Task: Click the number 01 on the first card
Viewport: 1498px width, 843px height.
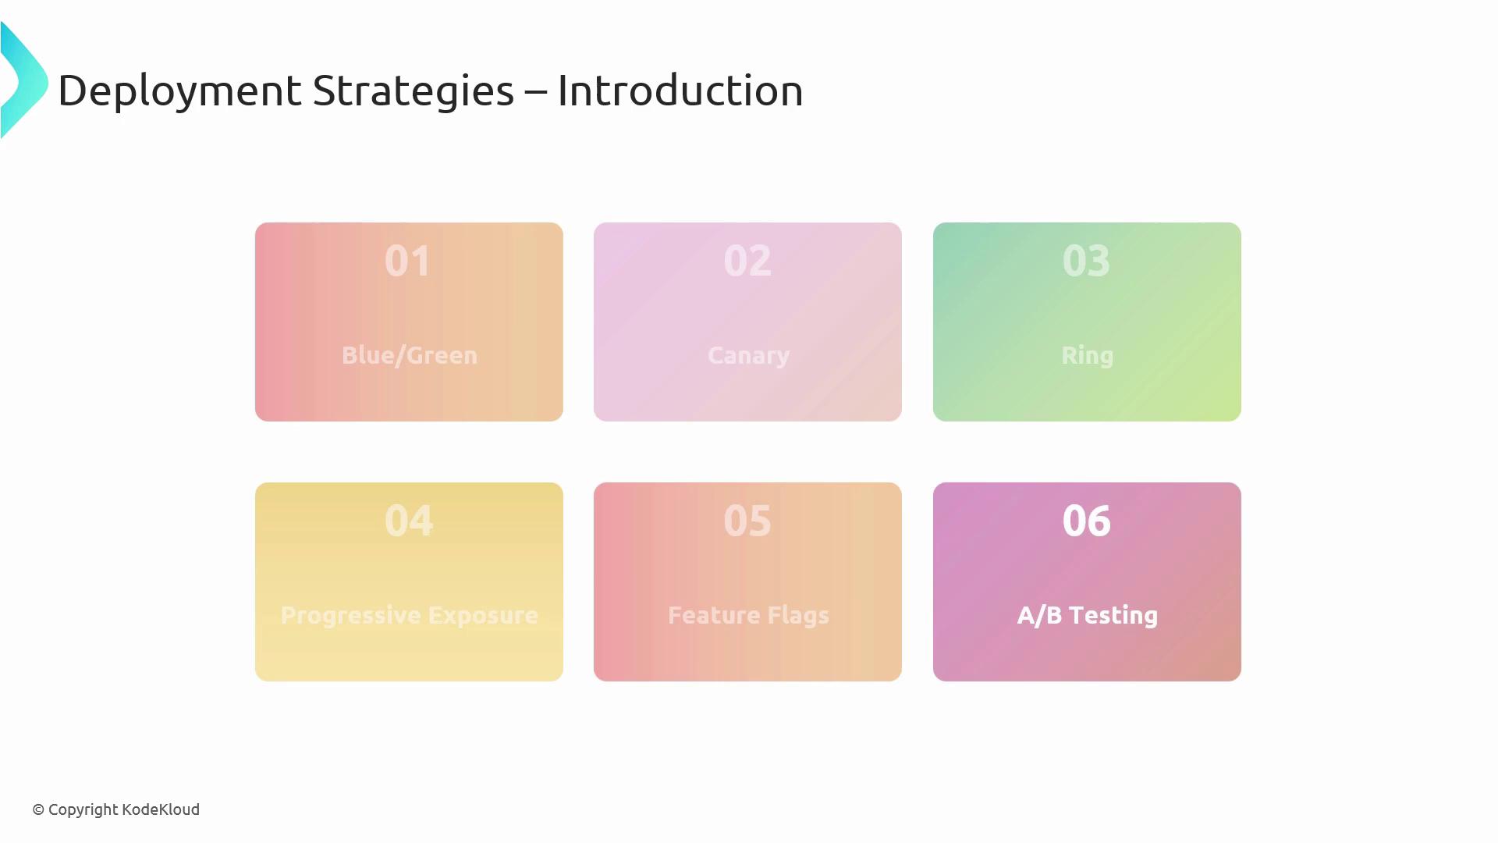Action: tap(407, 261)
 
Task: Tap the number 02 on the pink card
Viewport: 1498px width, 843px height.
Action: tap(747, 261)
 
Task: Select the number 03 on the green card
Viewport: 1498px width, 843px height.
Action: tap(1086, 261)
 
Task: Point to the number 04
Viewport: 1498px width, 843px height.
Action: tap(409, 521)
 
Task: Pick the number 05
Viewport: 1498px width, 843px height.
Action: tap(747, 521)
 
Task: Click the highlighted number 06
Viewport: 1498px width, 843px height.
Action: tap(1087, 521)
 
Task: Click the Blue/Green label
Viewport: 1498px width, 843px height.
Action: tap(410, 355)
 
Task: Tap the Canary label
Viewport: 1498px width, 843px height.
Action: tap(748, 356)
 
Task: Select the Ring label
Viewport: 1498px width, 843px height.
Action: tap(1088, 356)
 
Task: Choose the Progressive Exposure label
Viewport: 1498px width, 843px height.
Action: tap(410, 615)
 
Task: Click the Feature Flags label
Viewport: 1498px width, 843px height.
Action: tap(748, 615)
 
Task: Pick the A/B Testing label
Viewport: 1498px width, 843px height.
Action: tap(1088, 615)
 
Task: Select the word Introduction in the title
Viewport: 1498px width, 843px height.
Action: tap(680, 91)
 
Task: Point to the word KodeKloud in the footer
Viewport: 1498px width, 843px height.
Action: tap(161, 809)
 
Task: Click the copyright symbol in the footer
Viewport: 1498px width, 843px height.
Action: tap(38, 810)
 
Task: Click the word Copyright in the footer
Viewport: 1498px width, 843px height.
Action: tap(83, 810)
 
